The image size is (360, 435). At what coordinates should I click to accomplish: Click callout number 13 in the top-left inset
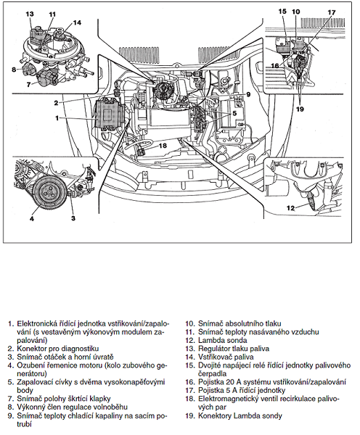click(30, 14)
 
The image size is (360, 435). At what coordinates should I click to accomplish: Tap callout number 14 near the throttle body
click(77, 22)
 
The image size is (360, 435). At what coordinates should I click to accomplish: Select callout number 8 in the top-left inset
click(14, 70)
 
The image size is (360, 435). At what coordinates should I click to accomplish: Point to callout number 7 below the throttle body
click(28, 84)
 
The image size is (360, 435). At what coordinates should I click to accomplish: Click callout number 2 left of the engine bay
click(56, 103)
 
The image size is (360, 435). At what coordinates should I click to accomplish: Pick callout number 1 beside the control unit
click(57, 118)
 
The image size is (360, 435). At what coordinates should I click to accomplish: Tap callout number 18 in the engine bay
click(163, 145)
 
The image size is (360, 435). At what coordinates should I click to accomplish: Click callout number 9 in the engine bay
click(248, 94)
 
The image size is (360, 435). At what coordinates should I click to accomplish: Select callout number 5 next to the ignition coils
click(234, 113)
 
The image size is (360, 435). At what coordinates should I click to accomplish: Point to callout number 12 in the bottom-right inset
click(290, 208)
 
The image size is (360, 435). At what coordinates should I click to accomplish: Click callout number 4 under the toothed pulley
click(32, 218)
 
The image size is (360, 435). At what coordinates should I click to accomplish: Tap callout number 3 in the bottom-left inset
click(73, 218)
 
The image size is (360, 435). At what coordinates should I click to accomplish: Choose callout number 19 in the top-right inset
click(300, 109)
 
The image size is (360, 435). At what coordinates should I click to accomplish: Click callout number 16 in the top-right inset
click(275, 66)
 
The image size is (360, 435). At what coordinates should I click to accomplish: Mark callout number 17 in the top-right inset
click(332, 12)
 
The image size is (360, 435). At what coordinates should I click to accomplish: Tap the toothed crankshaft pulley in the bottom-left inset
click(48, 192)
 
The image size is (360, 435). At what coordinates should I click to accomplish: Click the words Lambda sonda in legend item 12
click(223, 340)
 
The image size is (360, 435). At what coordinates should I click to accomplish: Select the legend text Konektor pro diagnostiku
click(58, 349)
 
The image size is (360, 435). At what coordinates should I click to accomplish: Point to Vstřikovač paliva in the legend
click(226, 357)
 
